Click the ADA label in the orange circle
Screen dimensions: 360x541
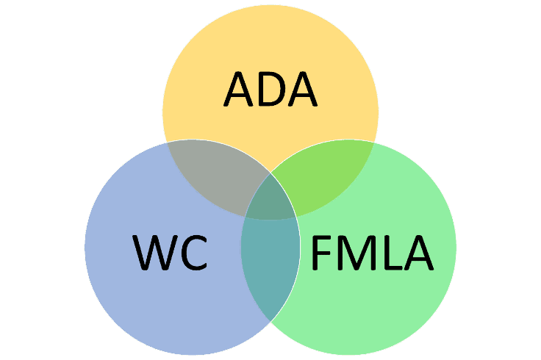[x=270, y=88]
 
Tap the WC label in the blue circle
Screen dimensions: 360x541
[x=171, y=252]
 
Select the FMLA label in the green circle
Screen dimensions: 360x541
[x=371, y=252]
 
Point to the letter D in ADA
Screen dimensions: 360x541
[x=270, y=88]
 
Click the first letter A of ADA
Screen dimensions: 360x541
[x=239, y=88]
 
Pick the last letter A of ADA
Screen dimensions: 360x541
[x=302, y=88]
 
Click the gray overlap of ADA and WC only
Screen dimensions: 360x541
[x=213, y=176]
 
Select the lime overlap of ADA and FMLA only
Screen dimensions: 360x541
[x=327, y=176]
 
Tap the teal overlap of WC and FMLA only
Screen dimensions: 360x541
[x=270, y=264]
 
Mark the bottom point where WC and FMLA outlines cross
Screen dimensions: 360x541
[x=270, y=321]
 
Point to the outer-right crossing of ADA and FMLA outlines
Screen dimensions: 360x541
[x=373, y=143]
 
